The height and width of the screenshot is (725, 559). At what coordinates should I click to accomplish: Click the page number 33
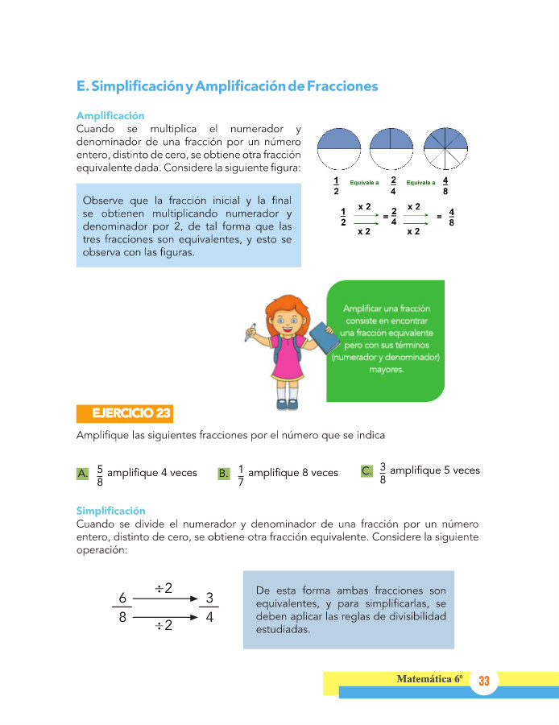coord(484,681)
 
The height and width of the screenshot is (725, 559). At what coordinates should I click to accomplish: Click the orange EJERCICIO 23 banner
coord(124,414)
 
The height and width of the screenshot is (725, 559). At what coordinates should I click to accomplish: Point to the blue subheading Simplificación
coord(110,511)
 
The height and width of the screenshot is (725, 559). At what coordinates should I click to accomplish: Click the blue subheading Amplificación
coord(110,116)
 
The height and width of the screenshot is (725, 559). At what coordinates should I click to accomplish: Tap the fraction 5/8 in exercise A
coord(99,474)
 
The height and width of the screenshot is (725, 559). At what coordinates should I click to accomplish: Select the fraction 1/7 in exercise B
coord(241,474)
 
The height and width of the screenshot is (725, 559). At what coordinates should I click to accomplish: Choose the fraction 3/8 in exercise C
coord(383,472)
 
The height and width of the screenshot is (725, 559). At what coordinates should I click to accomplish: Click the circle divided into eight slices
coord(444,149)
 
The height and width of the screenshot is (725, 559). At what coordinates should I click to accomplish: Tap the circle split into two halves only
coord(338,149)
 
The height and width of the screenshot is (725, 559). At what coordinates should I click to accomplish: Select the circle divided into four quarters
coord(391,149)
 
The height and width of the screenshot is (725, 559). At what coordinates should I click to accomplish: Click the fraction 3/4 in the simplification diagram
coord(209,608)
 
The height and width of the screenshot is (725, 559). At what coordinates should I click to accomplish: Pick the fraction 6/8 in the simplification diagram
coord(122,608)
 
